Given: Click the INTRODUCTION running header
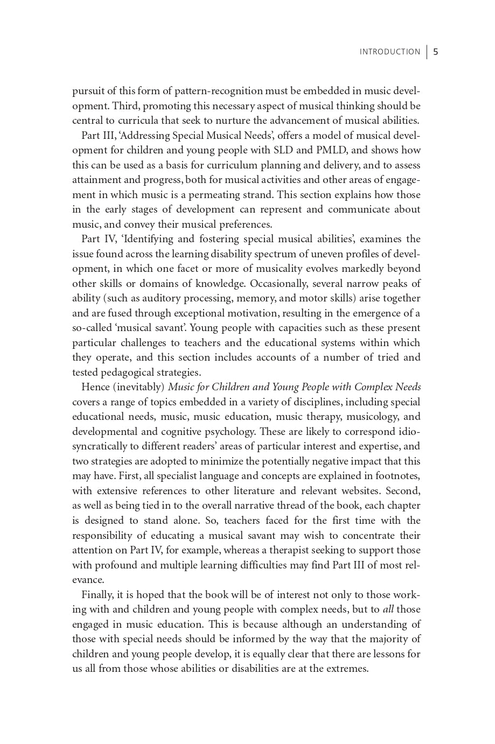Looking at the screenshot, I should click(x=389, y=52).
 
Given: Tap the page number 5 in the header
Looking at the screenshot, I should click(x=435, y=52).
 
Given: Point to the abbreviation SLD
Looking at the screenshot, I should click(x=283, y=150).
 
